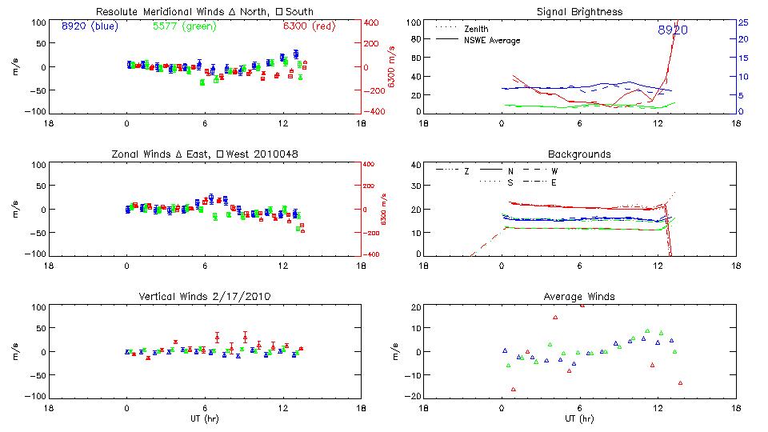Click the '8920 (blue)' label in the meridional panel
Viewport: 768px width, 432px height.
click(89, 26)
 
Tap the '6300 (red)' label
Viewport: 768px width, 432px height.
click(307, 26)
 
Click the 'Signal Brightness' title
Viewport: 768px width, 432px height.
click(579, 12)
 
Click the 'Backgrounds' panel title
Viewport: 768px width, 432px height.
click(579, 154)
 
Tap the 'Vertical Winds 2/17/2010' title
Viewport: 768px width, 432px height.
click(205, 296)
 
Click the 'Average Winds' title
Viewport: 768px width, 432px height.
click(579, 296)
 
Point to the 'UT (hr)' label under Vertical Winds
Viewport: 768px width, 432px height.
click(205, 418)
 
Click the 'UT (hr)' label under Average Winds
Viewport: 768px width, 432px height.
click(579, 418)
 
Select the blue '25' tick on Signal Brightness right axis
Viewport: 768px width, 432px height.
click(742, 22)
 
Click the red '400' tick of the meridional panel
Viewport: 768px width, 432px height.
click(373, 22)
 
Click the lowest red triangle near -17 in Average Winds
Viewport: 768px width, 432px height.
click(514, 390)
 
